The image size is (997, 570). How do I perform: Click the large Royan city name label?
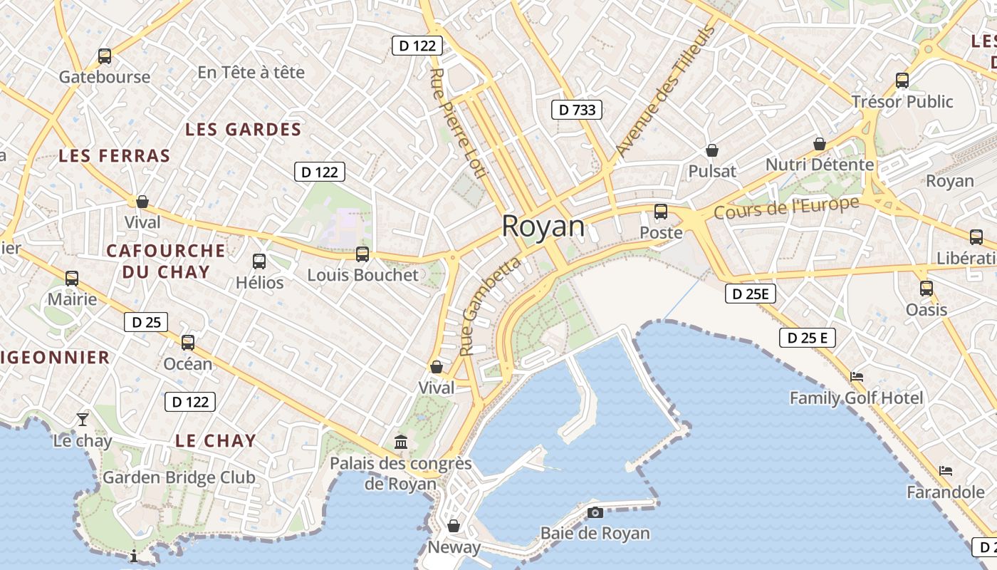coord(543,227)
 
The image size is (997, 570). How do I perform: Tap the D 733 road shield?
coord(577,110)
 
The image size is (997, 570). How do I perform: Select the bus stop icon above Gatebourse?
coord(105,56)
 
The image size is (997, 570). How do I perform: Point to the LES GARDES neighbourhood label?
coord(244,130)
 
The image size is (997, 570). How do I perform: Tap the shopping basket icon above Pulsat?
coord(711,150)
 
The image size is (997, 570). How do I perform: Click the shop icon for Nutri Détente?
coord(820,144)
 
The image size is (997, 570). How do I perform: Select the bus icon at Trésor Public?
coord(902,81)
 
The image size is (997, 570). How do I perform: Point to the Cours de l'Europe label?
coord(786,207)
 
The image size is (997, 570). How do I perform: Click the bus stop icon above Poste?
coord(661,212)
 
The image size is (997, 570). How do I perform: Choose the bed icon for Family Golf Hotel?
coord(857,376)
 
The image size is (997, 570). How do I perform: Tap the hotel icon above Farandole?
coord(946,470)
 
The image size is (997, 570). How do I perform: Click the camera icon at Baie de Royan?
coord(595,512)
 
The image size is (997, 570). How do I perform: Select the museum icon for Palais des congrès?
coord(401,442)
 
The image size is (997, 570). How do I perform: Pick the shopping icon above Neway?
coord(454,526)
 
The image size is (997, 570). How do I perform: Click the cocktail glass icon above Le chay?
coord(83,419)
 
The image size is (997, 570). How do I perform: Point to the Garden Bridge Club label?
coord(179,477)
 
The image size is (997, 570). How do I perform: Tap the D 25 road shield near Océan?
coord(146,322)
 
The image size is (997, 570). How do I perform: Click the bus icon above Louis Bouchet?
coord(362,254)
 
